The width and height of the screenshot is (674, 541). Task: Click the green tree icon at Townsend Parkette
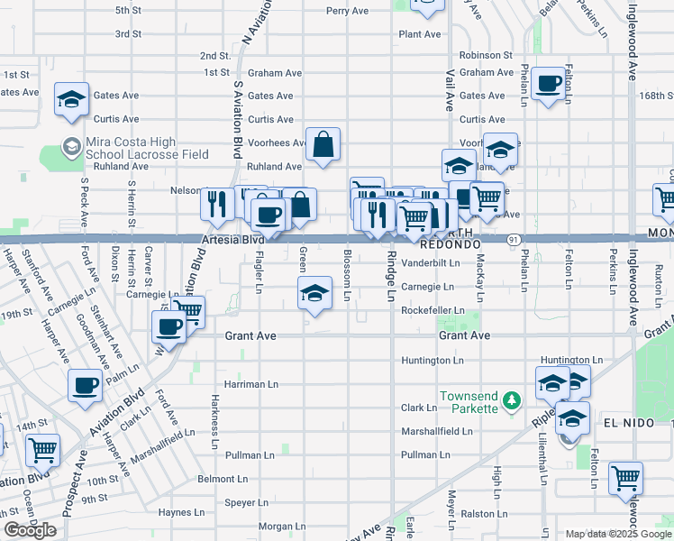511,399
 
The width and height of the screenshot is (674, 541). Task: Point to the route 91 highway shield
512,239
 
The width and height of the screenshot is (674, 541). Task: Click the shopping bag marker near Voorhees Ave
323,144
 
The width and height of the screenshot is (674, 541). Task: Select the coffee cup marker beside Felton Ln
548,86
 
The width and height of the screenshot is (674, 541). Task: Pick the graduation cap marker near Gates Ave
70,99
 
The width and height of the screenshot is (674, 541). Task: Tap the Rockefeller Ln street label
433,310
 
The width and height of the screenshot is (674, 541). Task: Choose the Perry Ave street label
348,11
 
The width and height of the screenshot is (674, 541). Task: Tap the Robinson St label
485,55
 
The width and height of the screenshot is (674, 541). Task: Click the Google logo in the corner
30,530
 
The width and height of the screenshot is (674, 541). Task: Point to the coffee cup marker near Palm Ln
85,385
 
